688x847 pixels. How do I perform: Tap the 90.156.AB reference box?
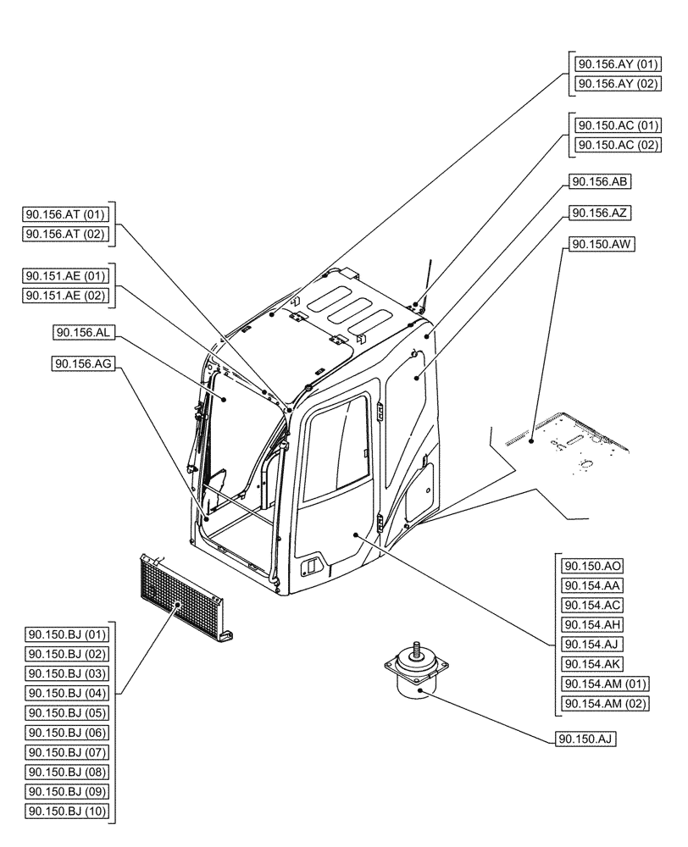point(602,181)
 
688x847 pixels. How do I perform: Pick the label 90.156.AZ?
point(602,213)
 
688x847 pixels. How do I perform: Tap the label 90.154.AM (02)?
point(605,704)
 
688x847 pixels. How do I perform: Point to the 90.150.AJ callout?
point(585,739)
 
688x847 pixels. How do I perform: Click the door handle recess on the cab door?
point(313,564)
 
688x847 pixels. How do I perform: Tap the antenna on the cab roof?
point(426,280)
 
